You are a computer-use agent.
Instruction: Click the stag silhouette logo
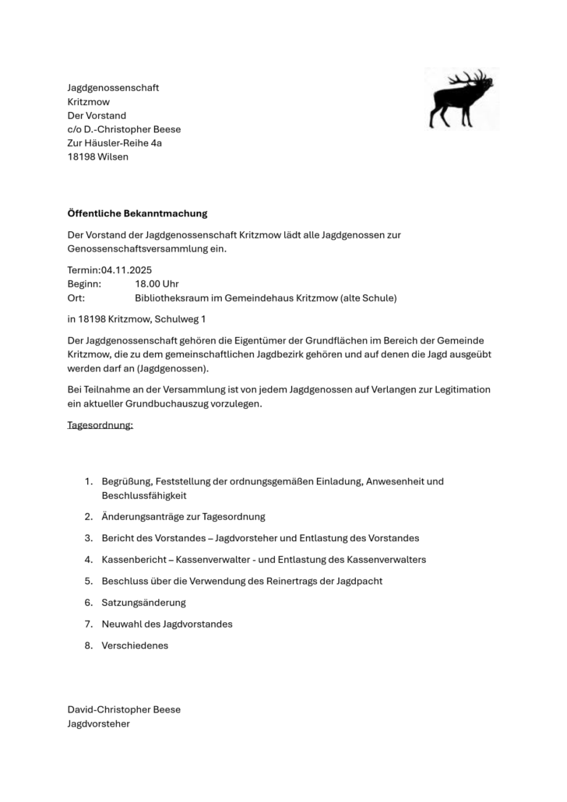click(x=461, y=98)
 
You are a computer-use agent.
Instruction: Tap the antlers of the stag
click(x=476, y=78)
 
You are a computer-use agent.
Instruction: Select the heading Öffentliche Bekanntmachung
click(x=137, y=213)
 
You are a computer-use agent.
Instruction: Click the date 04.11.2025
click(x=126, y=269)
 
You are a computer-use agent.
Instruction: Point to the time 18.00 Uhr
click(x=157, y=283)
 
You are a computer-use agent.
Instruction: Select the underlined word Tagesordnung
click(x=100, y=425)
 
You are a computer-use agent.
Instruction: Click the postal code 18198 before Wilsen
click(x=82, y=157)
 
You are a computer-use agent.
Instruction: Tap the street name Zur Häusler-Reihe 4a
click(x=114, y=142)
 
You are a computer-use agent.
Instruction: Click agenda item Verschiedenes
click(x=135, y=645)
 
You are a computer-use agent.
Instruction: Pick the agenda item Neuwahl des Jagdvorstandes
click(x=167, y=624)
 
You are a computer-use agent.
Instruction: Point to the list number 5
click(x=89, y=581)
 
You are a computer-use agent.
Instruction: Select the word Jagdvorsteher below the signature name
click(x=98, y=723)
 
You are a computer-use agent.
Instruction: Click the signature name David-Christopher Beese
click(x=124, y=709)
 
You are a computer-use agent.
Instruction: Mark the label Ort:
click(x=76, y=297)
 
